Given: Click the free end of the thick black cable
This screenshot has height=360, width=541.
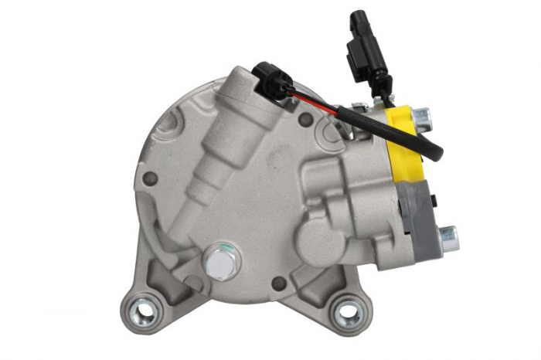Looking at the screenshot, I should pyautogui.click(x=436, y=154).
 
